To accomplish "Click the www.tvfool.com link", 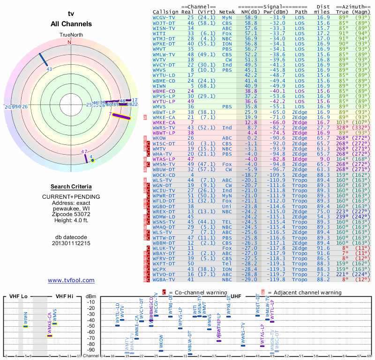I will point(71,280).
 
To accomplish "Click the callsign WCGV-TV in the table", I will point(164,18).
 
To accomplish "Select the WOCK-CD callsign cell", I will point(164,175).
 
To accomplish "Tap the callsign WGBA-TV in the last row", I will point(164,280).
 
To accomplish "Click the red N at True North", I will point(69,42).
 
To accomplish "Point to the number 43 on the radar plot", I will point(49,69).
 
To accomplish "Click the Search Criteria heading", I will point(71,187).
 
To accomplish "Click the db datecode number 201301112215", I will point(71,243).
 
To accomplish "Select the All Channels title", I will point(71,24).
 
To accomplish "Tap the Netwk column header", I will point(227,12).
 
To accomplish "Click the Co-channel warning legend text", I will point(197,292).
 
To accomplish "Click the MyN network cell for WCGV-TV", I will point(227,18).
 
